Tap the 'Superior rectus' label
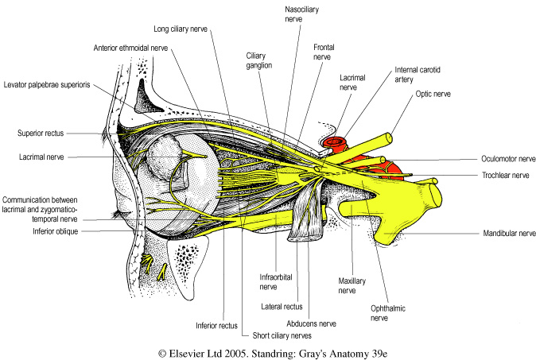tap(46, 133)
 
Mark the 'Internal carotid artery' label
tap(418, 75)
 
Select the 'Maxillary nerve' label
tap(347, 285)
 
